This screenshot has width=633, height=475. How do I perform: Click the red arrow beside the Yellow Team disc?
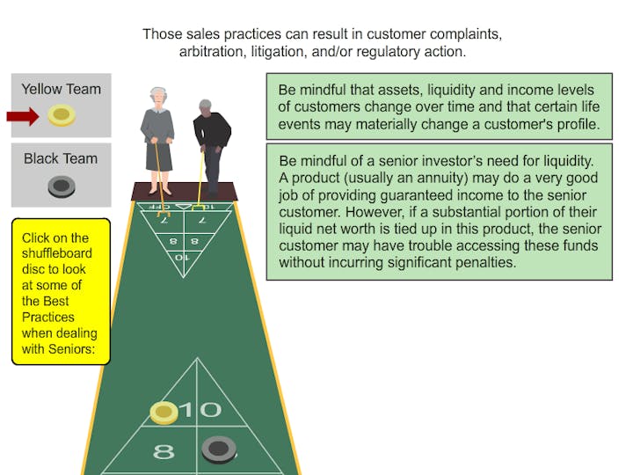[23, 116]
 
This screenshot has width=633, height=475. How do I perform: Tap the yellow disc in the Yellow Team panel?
[62, 115]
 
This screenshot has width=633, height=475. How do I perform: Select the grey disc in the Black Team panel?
[62, 186]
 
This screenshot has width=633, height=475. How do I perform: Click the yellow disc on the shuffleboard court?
[164, 413]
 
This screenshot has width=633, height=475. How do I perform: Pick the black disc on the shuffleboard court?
[219, 449]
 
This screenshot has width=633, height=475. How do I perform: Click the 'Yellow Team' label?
[61, 89]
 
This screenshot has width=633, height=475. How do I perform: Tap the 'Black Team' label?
[61, 158]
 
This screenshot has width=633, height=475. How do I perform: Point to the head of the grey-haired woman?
[158, 97]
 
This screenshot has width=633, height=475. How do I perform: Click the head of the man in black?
[205, 107]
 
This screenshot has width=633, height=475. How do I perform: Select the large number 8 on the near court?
[164, 451]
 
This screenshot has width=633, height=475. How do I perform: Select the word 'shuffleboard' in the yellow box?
[57, 253]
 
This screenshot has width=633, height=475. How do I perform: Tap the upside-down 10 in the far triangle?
[182, 257]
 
